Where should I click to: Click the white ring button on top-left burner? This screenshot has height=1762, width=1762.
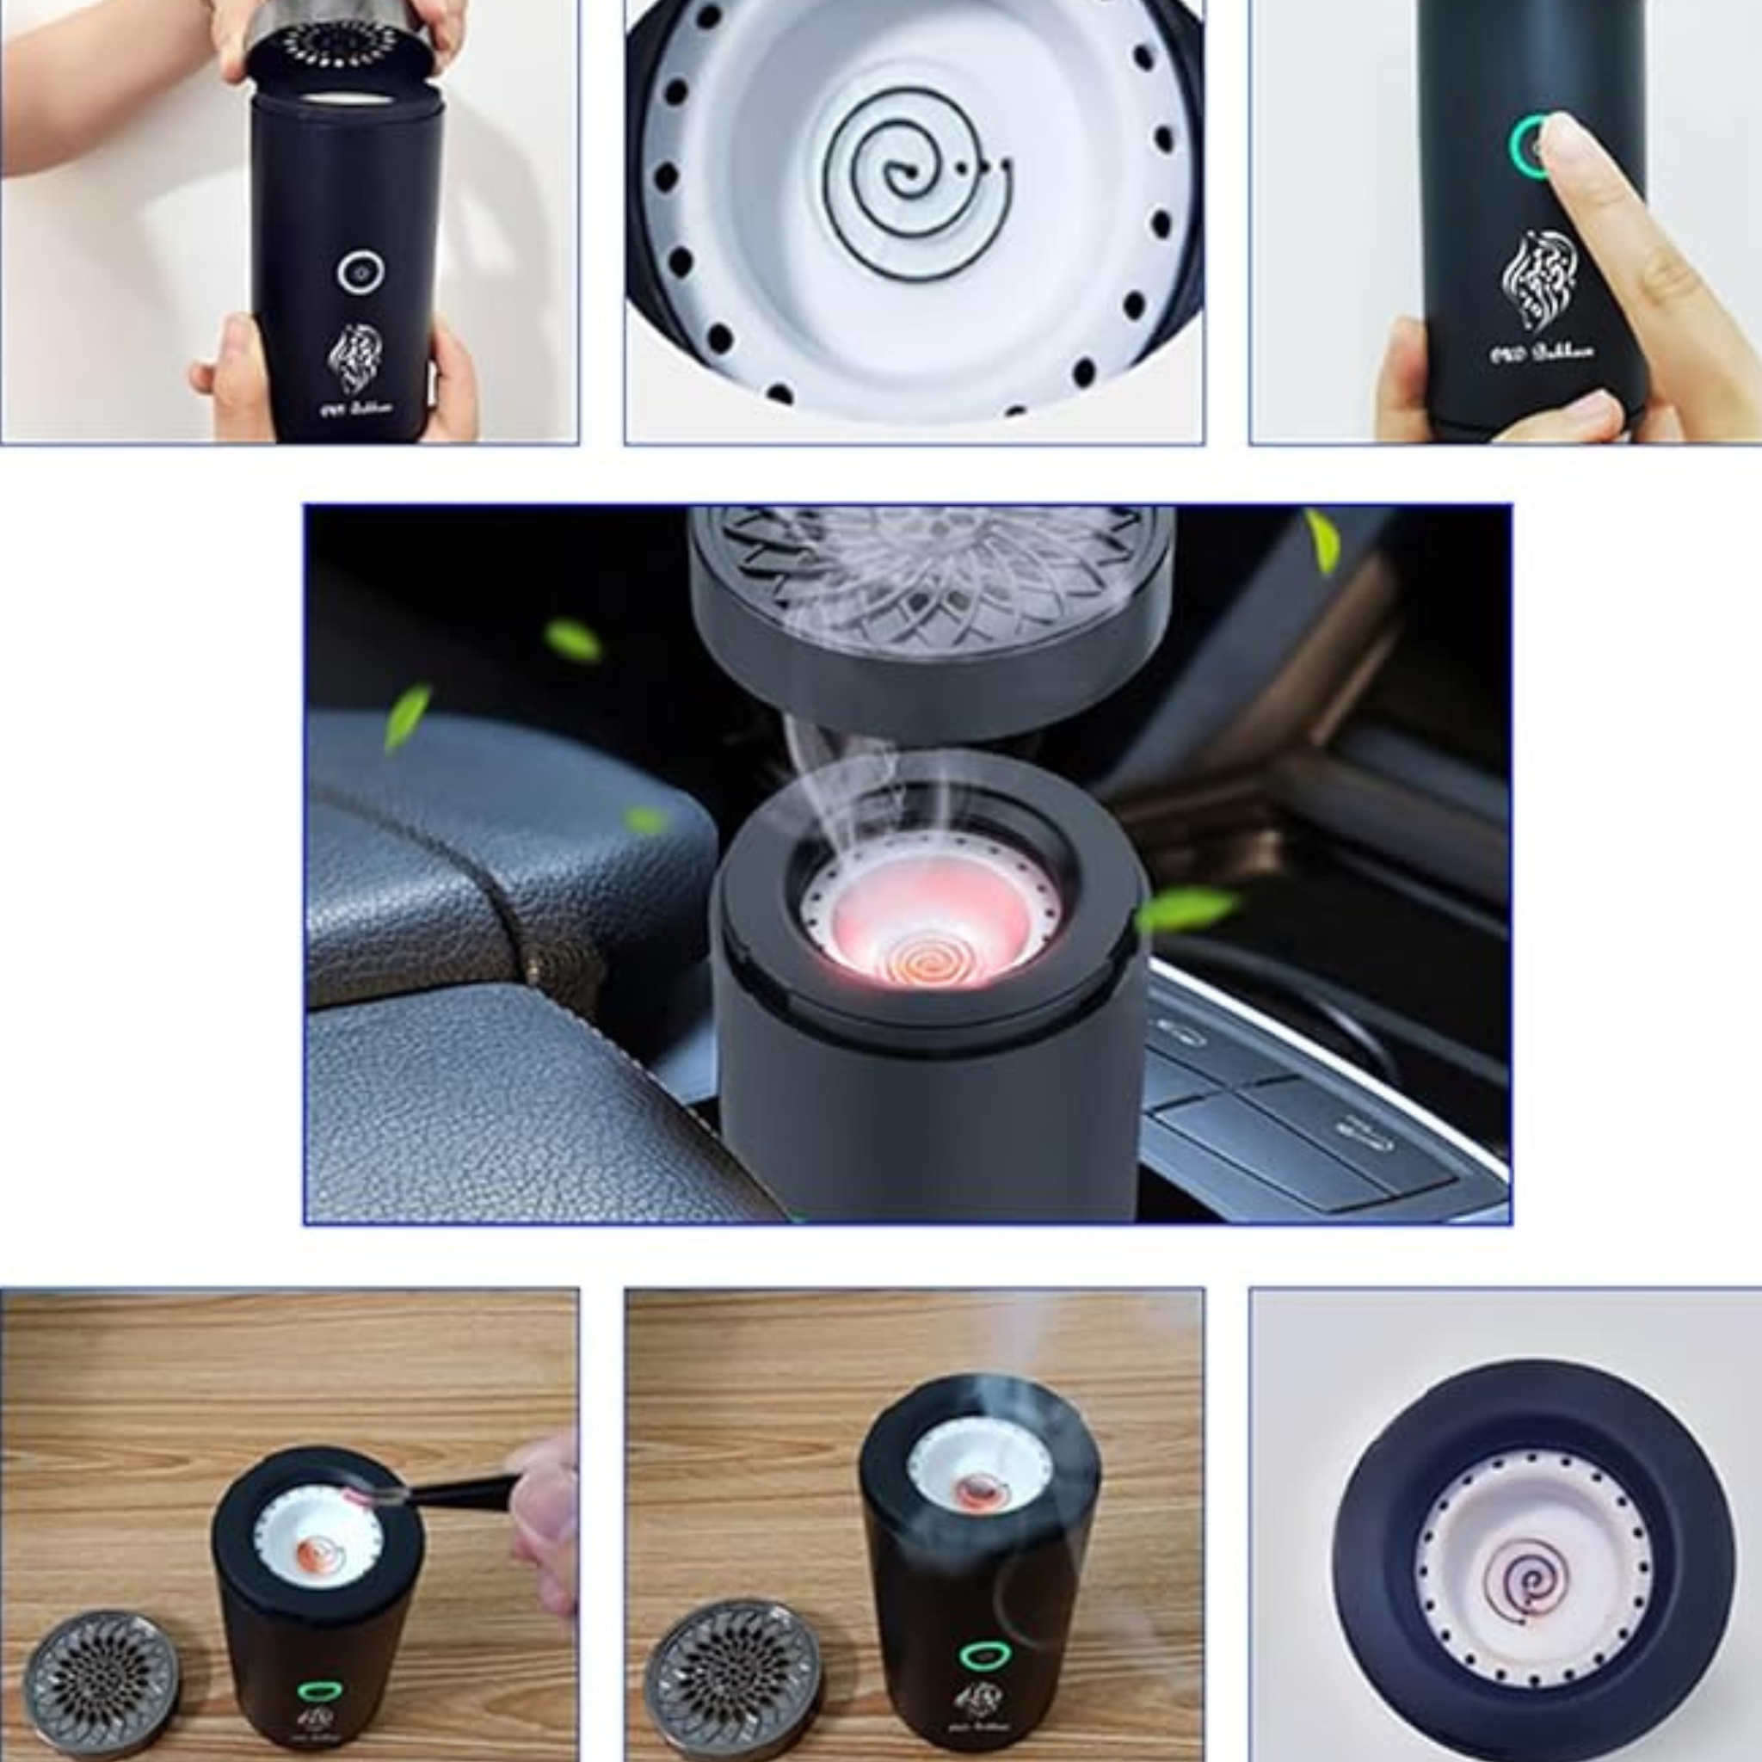[x=360, y=272]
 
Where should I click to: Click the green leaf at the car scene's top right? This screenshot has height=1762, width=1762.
[x=1321, y=542]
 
